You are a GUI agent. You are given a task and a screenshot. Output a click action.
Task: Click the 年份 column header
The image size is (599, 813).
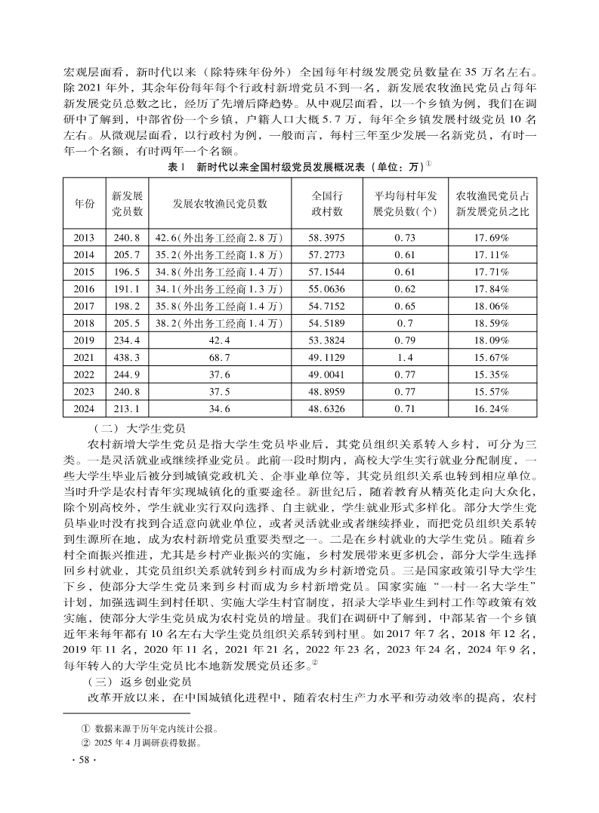(x=84, y=204)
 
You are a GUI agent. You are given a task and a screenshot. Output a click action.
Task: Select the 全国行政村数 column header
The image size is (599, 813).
(x=328, y=204)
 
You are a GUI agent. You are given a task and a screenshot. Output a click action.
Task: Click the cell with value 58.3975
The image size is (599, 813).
(x=328, y=237)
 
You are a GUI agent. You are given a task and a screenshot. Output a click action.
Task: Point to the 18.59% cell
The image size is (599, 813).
(x=492, y=324)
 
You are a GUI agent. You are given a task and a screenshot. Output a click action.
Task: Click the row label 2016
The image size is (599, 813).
(x=84, y=289)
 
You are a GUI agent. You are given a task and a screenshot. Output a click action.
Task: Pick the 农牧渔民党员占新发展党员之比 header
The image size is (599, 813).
(x=492, y=204)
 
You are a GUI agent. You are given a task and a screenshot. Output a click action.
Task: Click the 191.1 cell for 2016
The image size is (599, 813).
(x=127, y=289)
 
